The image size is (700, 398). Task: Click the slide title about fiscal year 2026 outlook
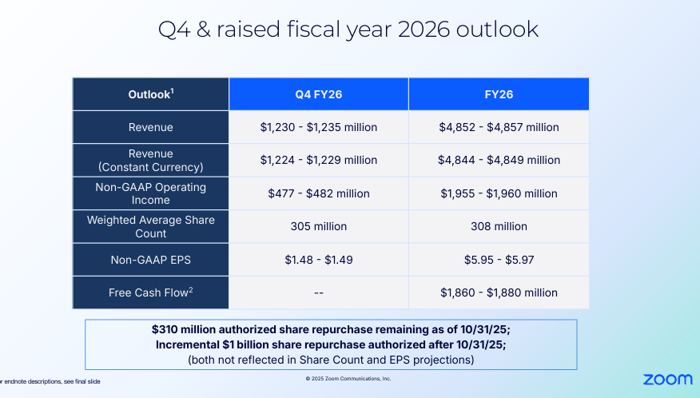pos(348,30)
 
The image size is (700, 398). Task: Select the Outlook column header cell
pos(151,94)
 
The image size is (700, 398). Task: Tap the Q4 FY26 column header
pos(318,94)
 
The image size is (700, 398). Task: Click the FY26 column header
pos(499,94)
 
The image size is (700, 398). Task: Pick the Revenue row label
pos(151,127)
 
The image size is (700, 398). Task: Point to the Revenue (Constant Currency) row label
pos(151,160)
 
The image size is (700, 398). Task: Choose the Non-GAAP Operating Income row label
pos(151,193)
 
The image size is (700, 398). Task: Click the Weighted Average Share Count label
pos(151,226)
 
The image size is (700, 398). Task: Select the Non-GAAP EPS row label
pos(151,260)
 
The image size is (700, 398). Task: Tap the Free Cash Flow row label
pos(151,293)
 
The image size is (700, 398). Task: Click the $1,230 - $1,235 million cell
pos(318,127)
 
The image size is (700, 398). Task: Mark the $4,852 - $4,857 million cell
pos(499,127)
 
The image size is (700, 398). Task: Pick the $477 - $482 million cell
pos(318,193)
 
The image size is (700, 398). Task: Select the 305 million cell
pos(318,226)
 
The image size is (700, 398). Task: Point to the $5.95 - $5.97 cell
pos(499,260)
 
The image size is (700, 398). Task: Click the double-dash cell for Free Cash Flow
pos(318,293)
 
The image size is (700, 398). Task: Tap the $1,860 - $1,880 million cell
pos(499,293)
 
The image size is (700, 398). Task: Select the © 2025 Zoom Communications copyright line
pos(348,379)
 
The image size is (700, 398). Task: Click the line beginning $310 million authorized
pos(331,329)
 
